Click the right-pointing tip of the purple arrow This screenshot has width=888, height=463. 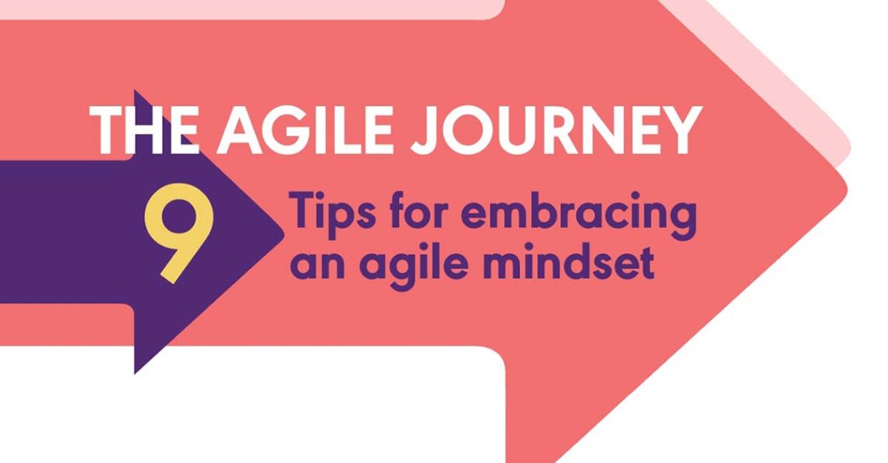pyautogui.click(x=283, y=232)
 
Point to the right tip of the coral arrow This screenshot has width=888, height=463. pyautogui.click(x=846, y=187)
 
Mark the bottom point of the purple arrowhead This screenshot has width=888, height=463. pyautogui.click(x=136, y=372)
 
